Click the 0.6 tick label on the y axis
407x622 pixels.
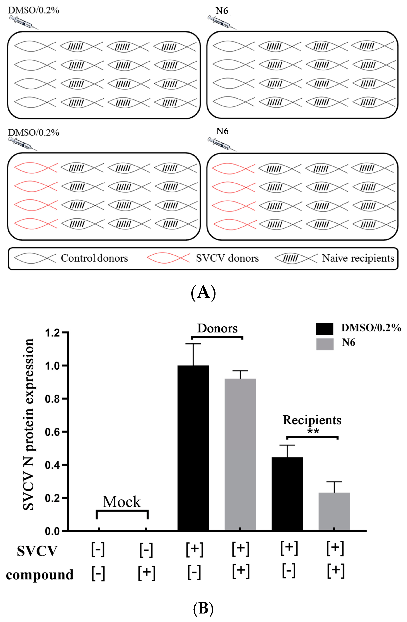52,432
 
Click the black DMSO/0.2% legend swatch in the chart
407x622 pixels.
325,329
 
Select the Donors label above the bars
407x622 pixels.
217,328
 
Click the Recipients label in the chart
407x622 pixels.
312,420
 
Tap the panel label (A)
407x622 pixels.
203,293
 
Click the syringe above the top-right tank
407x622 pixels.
222,22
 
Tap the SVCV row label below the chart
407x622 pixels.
37,551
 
